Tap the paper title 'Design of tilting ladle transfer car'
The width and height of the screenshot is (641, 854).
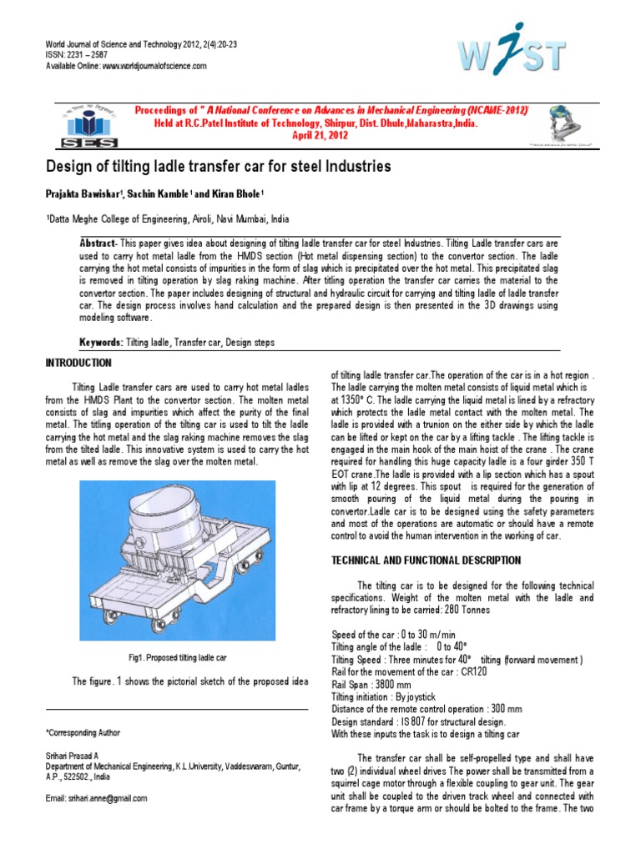(217, 167)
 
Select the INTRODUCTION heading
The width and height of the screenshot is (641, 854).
(78, 364)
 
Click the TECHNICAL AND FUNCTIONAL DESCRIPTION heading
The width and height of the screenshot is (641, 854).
(426, 560)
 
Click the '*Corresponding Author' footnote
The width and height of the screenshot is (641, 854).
(83, 732)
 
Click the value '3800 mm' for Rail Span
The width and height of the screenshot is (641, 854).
(402, 684)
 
